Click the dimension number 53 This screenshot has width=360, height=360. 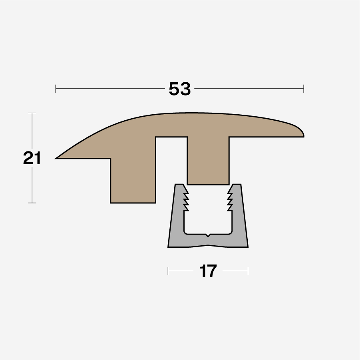[180, 89]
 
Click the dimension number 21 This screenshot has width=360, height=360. [32, 159]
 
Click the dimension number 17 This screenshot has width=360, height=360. [208, 272]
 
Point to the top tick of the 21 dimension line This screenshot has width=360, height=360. [32, 113]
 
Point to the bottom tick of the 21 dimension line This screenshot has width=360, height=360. [32, 203]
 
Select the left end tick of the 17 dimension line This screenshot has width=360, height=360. [168, 271]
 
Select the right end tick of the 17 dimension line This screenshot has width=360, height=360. [248, 271]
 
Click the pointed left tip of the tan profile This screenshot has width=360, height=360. [57, 158]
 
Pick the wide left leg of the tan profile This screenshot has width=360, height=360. [133, 180]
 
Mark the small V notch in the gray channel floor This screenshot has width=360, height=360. [207, 235]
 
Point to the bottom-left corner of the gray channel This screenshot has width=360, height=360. [169, 246]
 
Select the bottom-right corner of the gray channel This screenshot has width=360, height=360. [247, 246]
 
